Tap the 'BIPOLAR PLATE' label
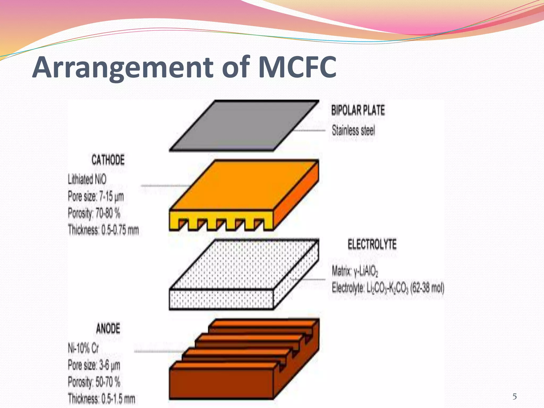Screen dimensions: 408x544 point(358,110)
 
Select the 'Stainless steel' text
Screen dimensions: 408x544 point(353,130)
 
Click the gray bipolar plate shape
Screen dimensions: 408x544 point(244,126)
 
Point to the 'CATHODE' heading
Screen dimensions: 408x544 point(108,160)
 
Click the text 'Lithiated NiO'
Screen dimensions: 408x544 point(87,179)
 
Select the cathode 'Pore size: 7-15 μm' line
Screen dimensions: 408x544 point(96,197)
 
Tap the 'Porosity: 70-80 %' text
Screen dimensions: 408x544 point(94,213)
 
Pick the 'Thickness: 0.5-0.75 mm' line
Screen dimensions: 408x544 point(103,230)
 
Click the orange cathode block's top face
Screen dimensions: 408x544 point(244,186)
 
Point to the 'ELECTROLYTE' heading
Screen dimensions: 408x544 point(372,244)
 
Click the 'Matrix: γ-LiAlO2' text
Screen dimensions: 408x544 point(355,271)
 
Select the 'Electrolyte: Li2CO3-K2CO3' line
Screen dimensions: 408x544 point(388,288)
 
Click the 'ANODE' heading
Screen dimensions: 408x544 point(108,329)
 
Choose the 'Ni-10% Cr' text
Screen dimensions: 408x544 point(83,348)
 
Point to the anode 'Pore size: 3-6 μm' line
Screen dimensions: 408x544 point(94,365)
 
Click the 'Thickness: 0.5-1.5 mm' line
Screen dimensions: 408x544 point(101,398)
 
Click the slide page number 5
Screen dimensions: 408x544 point(515,397)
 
